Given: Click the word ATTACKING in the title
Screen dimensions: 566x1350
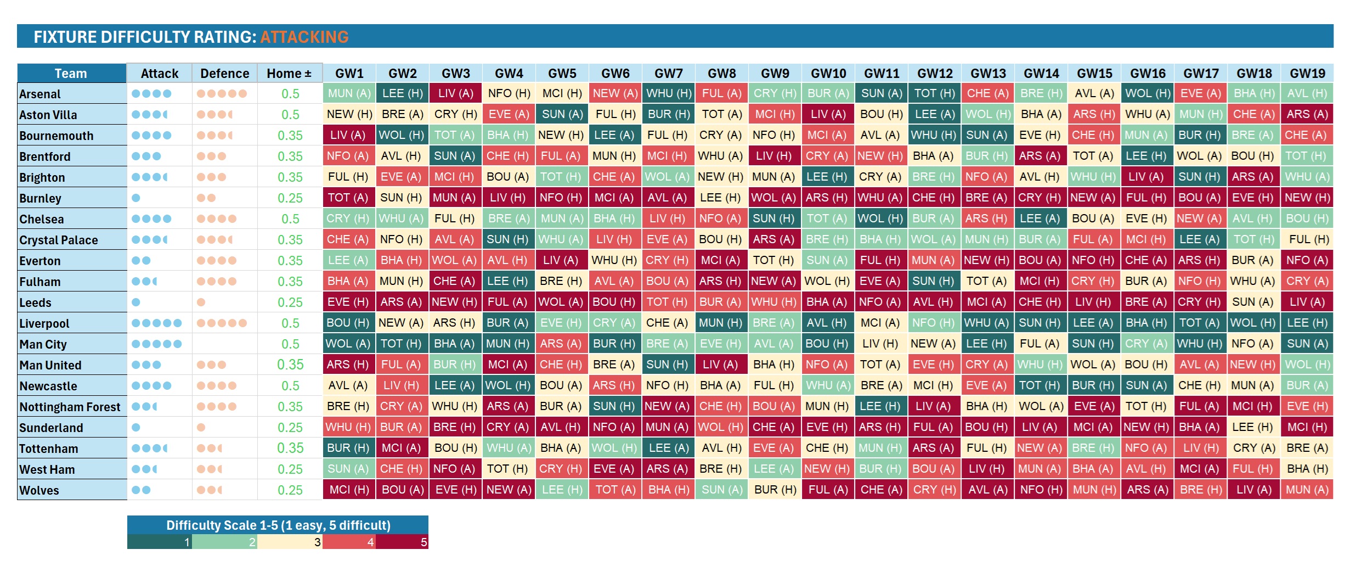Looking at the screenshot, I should click(304, 37).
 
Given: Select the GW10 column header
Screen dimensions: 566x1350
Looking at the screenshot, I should click(828, 74).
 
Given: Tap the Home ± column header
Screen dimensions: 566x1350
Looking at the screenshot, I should click(289, 74).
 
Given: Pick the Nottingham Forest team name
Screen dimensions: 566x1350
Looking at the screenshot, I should click(70, 407).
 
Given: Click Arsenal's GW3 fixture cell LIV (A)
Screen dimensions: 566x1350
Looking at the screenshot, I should click(455, 93).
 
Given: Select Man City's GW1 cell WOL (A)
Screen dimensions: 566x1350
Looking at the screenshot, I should click(348, 344).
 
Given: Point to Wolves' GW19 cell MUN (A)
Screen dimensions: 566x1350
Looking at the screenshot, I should click(1307, 490).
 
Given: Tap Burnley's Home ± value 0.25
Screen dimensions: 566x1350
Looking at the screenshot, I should click(290, 198).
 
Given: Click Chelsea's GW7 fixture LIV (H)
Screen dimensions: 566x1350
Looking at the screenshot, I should click(668, 218).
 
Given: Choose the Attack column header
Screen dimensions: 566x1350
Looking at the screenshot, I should click(159, 74).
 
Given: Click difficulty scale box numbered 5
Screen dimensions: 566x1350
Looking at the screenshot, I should click(402, 542).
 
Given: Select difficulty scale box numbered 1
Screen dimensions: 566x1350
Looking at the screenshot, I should click(160, 542).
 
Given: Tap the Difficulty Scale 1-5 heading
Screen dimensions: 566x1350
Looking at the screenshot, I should click(278, 525).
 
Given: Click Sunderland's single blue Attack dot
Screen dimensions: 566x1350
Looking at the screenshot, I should click(136, 427).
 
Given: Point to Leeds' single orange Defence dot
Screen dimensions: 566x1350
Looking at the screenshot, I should click(201, 302).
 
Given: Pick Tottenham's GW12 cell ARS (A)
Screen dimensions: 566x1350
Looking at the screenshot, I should click(933, 448).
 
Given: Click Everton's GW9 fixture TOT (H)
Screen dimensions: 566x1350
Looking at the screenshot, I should click(773, 260).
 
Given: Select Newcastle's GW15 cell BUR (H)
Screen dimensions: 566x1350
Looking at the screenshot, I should click(1093, 385).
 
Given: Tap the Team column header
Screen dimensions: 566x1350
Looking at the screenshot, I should click(71, 74).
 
